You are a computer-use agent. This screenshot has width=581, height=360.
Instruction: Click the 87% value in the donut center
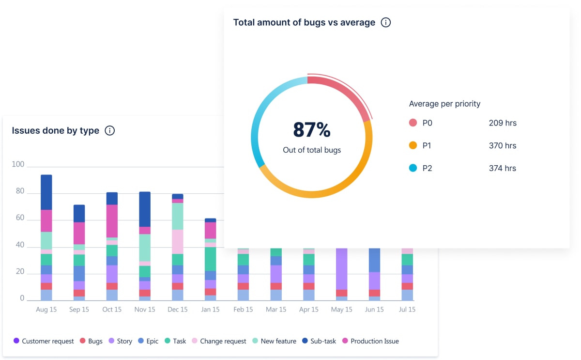pyautogui.click(x=312, y=130)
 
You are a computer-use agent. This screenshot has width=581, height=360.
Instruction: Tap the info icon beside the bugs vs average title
pyautogui.click(x=386, y=22)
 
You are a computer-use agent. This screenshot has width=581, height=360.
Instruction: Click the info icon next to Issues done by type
pyautogui.click(x=110, y=130)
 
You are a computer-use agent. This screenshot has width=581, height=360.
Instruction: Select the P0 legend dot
pyautogui.click(x=413, y=123)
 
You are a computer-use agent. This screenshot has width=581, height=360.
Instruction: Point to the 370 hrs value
pyautogui.click(x=503, y=145)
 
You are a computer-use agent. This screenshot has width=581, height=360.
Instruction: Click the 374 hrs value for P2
pyautogui.click(x=503, y=168)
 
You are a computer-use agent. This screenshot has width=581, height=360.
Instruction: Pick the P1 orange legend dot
pyautogui.click(x=413, y=145)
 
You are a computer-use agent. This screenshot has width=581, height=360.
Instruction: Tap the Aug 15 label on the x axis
pyautogui.click(x=46, y=309)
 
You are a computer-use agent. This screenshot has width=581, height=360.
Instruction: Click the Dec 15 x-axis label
pyautogui.click(x=177, y=309)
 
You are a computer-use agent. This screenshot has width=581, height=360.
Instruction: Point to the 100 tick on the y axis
pyautogui.click(x=18, y=164)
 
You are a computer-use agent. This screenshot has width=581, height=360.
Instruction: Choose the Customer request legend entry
pyautogui.click(x=44, y=341)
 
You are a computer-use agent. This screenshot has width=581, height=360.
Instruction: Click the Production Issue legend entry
pyautogui.click(x=370, y=341)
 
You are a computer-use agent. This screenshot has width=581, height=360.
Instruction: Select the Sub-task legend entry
pyautogui.click(x=319, y=341)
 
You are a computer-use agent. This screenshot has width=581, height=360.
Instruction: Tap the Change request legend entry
pyautogui.click(x=219, y=341)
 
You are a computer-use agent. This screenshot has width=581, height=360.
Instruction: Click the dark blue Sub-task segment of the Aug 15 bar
pyautogui.click(x=46, y=192)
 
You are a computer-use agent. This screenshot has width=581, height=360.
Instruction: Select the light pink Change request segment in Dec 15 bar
pyautogui.click(x=178, y=241)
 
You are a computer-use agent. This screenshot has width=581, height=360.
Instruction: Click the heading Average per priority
pyautogui.click(x=444, y=104)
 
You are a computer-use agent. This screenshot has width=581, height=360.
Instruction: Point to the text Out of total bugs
pyautogui.click(x=312, y=150)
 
